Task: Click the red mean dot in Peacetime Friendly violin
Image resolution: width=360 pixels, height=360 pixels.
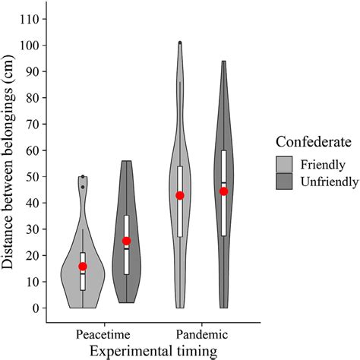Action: [x=83, y=267]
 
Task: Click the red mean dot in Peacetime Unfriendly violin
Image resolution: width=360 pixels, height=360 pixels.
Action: [x=126, y=242]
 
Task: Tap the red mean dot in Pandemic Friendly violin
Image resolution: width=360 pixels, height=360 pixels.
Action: [x=180, y=195]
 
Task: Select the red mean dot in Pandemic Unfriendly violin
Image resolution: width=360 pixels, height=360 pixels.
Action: [x=224, y=191]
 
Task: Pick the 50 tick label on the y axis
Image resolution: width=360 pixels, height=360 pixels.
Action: [x=32, y=176]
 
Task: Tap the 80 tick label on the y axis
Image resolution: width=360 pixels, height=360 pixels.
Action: [x=32, y=97]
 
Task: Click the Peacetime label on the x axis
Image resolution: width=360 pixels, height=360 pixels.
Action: [x=105, y=334]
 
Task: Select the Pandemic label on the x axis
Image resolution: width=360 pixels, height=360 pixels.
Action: [x=201, y=334]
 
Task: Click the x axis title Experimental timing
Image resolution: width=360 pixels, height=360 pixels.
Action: [x=154, y=350]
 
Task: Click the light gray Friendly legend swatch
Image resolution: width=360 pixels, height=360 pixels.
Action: [x=286, y=164]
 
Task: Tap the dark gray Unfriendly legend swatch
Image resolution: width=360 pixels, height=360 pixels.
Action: [x=286, y=182]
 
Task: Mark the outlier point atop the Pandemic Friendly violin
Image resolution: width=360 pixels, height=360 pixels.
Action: [x=180, y=43]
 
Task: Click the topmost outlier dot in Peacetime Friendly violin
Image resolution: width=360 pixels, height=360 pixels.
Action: [x=83, y=176]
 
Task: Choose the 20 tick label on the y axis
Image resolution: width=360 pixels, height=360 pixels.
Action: [x=32, y=255]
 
